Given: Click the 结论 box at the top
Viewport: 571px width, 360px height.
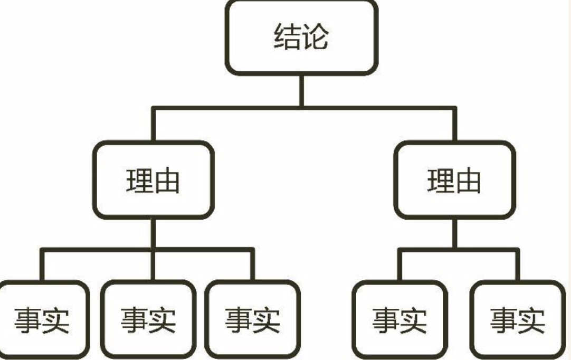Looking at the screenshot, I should point(302,37).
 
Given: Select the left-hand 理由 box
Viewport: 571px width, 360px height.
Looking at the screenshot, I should point(153,180).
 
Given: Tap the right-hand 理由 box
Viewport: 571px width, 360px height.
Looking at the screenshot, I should point(454,180).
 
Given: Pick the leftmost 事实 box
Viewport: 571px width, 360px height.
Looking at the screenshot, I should point(42,320).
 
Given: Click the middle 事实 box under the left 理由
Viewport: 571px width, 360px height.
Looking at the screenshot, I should point(148,320).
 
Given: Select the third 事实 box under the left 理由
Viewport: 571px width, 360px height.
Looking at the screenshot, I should point(252,320).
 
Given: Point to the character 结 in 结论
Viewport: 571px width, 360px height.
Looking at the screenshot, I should point(287,37).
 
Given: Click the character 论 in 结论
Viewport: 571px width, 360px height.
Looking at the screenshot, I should point(316,37).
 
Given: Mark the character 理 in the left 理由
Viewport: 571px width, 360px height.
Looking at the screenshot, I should point(139,181).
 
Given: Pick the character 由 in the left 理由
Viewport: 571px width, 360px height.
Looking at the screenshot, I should point(167,181).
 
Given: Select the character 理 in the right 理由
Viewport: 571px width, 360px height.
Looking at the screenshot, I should point(440,181).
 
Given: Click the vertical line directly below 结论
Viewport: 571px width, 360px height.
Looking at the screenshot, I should point(301,91).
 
